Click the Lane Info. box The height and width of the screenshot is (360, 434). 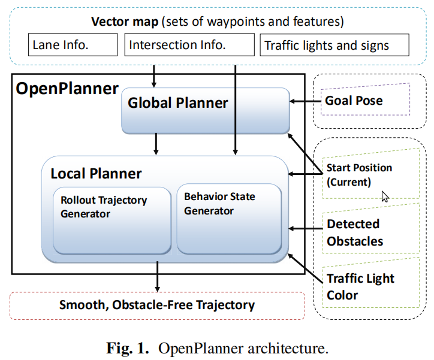[73, 45]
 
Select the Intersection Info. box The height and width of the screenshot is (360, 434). [189, 45]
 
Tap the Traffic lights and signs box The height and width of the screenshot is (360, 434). [334, 45]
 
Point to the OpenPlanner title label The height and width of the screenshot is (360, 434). [67, 89]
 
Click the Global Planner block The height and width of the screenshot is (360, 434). [205, 110]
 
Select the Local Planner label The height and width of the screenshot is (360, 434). [96, 174]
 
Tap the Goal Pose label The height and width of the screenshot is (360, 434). [353, 100]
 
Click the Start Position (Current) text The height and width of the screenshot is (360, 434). [358, 174]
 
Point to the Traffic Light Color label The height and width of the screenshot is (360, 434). [360, 287]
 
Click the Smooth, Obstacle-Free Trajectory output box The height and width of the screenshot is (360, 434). [157, 305]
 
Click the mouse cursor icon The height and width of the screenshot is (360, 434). [385, 196]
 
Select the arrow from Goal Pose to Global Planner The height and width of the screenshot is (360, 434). [305, 101]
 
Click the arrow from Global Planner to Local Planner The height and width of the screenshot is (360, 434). [156, 144]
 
